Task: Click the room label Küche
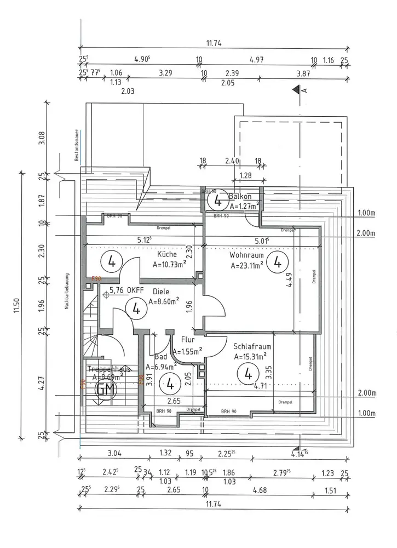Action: (166, 255)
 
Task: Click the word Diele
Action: (160, 292)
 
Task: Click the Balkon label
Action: (240, 197)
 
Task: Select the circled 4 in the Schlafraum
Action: (248, 375)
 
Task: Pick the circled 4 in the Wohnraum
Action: (278, 261)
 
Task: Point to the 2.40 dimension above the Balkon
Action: (232, 162)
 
